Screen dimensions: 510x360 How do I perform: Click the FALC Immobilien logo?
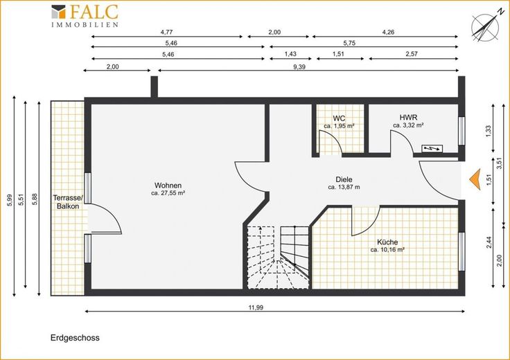click(85, 16)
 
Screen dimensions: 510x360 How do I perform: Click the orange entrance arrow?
click(475, 179)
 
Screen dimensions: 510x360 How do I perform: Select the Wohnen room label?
click(168, 186)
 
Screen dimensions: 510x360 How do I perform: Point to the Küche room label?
click(387, 242)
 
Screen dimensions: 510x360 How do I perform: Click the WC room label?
click(339, 118)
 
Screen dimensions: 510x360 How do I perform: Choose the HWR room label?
click(408, 117)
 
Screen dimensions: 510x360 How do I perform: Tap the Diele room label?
click(344, 179)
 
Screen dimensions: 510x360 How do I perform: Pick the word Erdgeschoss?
click(75, 338)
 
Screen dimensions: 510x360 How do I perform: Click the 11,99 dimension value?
click(256, 307)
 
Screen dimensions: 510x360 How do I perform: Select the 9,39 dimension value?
click(299, 67)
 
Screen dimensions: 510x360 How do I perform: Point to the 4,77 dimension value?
click(166, 32)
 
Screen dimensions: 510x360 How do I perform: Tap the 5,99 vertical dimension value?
click(10, 200)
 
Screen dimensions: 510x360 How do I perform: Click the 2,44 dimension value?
click(489, 242)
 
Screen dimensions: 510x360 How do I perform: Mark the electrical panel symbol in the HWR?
click(432, 149)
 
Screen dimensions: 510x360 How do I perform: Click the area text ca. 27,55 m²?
click(168, 193)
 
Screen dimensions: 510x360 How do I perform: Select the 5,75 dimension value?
click(349, 43)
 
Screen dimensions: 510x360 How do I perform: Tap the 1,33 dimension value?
click(489, 132)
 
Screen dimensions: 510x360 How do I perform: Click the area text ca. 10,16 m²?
click(387, 250)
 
